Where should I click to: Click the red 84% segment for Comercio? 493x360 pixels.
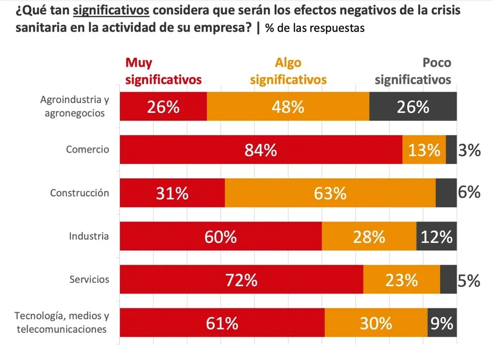(x=260, y=150)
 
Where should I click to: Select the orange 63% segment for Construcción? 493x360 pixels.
(x=330, y=193)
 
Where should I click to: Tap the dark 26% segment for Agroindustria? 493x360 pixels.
(x=413, y=107)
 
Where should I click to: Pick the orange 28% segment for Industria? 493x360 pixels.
(x=369, y=236)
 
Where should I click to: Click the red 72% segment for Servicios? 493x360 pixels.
(x=241, y=280)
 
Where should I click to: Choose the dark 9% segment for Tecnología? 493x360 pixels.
(x=441, y=323)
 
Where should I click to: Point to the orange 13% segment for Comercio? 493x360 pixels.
(x=424, y=150)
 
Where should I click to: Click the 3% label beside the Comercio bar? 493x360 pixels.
(x=469, y=150)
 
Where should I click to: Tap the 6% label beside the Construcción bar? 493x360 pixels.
(x=469, y=193)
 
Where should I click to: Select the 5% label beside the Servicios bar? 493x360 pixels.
(x=469, y=280)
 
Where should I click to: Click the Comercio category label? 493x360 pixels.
(x=88, y=149)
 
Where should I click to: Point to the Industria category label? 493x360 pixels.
(x=89, y=236)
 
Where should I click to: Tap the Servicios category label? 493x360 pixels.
(x=89, y=280)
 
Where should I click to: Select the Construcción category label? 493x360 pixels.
(x=80, y=193)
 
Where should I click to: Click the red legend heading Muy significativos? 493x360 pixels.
(x=163, y=71)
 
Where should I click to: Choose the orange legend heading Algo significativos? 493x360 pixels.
(x=288, y=71)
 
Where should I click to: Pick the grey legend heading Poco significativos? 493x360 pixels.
(x=413, y=71)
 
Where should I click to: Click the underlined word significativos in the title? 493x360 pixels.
(x=112, y=11)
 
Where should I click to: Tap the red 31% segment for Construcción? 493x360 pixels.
(x=172, y=193)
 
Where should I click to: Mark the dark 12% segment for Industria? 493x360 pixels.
(x=436, y=236)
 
